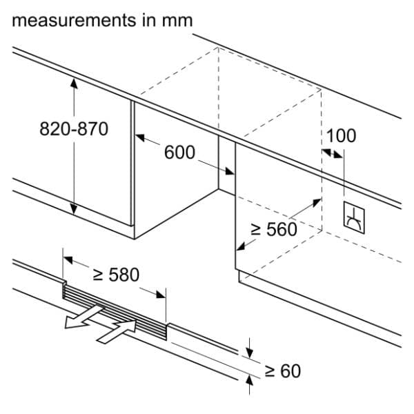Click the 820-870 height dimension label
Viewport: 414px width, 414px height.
(74, 130)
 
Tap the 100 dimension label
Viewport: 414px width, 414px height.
(341, 135)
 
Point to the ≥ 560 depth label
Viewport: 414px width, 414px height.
(273, 230)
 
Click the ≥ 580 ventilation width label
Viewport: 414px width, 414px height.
(115, 275)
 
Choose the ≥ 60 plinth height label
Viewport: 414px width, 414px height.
(283, 371)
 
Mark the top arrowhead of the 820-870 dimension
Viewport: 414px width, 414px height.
(72, 81)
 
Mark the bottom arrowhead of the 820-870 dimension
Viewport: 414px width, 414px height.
(72, 211)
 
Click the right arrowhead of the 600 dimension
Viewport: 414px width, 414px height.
(230, 172)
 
